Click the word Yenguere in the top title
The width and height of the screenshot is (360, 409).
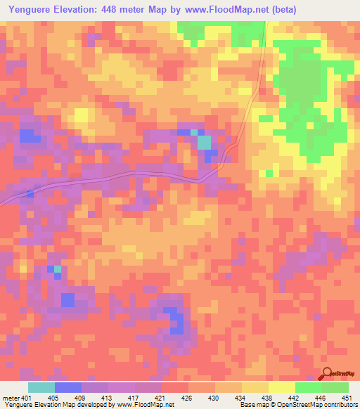point(30,10)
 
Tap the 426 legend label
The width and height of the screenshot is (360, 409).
point(188,397)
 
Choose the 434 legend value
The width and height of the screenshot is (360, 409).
point(241,397)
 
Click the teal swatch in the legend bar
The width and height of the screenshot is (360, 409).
point(41,387)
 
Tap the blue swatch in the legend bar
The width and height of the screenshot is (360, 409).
point(68,387)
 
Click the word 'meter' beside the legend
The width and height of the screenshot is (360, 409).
point(11,397)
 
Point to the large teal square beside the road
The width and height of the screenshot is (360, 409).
point(204,143)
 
